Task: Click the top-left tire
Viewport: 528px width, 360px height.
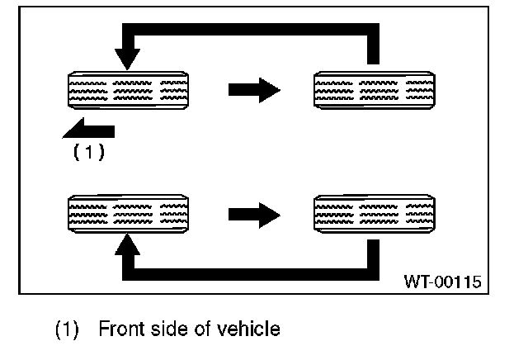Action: click(127, 89)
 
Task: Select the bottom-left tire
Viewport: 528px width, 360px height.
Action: click(127, 214)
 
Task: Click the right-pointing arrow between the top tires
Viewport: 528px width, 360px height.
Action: click(254, 89)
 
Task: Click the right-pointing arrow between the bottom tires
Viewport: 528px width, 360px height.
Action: click(254, 214)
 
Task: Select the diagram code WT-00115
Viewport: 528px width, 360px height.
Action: click(442, 282)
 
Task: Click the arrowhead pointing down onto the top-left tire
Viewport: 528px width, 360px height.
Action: click(127, 59)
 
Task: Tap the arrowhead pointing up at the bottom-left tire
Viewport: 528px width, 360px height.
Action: click(127, 244)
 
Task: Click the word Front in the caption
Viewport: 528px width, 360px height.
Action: click(120, 329)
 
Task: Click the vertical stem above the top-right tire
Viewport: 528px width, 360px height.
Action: click(372, 45)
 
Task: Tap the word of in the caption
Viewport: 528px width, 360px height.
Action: click(208, 329)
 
